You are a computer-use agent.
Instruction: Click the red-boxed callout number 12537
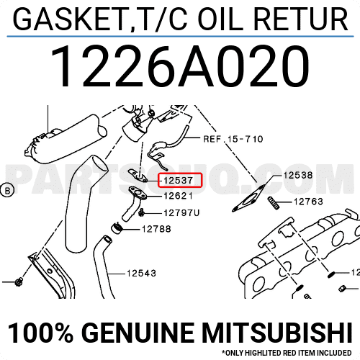click(178, 180)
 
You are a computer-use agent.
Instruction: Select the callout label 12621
click(178, 196)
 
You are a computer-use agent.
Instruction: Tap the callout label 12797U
click(181, 213)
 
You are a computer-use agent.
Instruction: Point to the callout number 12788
click(156, 229)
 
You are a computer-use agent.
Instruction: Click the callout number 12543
click(141, 273)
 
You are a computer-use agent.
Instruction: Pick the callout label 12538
click(298, 175)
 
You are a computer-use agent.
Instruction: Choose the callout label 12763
click(308, 202)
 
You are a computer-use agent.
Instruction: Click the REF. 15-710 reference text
click(233, 139)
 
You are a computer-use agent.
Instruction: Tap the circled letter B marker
click(7, 191)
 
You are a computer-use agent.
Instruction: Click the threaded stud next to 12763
click(274, 203)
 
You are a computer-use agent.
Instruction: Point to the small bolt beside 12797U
click(141, 212)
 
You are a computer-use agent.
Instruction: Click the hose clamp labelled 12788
click(117, 228)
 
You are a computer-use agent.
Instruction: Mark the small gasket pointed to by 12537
click(138, 176)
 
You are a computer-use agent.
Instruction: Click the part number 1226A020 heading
click(180, 67)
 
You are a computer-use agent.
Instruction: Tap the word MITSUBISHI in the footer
click(276, 333)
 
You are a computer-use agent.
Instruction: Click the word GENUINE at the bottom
click(139, 333)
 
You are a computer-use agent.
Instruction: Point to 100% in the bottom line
click(40, 333)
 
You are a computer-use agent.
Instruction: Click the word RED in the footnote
click(289, 353)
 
